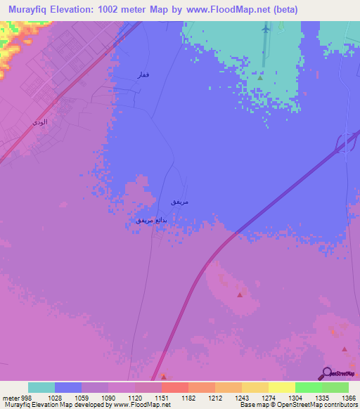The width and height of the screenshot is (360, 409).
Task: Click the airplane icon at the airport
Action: [x=265, y=30]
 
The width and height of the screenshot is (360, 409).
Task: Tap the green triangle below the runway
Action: [x=259, y=78]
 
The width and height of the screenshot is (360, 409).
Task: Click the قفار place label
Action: [x=142, y=75]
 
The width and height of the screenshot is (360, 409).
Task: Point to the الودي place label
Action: [x=40, y=122]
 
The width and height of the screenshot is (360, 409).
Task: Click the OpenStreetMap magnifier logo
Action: [x=326, y=374]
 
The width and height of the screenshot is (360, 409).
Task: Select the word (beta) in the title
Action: [x=282, y=10]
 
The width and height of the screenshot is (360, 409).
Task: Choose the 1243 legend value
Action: [x=241, y=398]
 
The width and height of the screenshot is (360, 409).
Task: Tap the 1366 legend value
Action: [x=349, y=398]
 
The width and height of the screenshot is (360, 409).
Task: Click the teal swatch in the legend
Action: [x=41, y=387]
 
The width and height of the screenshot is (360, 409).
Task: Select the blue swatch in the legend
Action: [x=68, y=387]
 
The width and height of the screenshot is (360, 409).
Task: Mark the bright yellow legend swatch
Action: [x=282, y=387]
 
